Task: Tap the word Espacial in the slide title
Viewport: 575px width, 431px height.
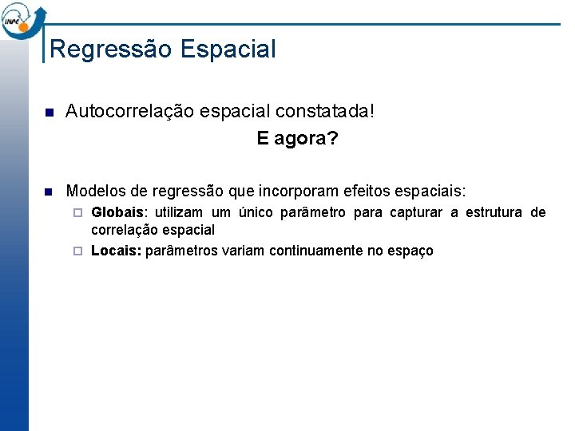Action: click(x=228, y=49)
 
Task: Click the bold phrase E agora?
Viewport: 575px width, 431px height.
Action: click(x=297, y=139)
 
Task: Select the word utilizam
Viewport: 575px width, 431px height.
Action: click(x=180, y=212)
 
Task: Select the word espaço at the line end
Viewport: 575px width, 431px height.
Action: click(x=411, y=251)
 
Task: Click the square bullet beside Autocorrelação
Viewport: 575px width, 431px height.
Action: click(x=47, y=112)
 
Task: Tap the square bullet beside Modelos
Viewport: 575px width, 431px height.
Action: click(x=47, y=192)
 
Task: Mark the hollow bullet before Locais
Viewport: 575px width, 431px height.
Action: click(x=77, y=251)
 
